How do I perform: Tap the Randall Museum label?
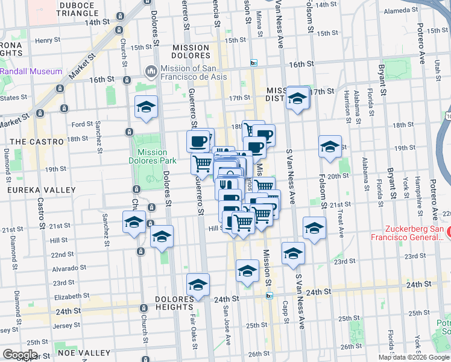pos(31,71)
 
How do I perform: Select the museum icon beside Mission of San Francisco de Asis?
pos(150,72)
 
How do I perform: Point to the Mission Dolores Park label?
pos(153,156)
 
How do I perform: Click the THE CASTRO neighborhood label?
pos(37,141)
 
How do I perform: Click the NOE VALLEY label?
pos(84,352)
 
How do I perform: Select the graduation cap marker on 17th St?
pos(297,98)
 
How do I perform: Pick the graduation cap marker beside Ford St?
pos(146,107)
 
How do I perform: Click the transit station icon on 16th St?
pos(254,63)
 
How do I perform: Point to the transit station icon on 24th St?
pos(269,295)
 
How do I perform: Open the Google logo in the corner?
pos(20,355)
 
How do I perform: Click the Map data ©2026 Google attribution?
pos(413,358)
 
